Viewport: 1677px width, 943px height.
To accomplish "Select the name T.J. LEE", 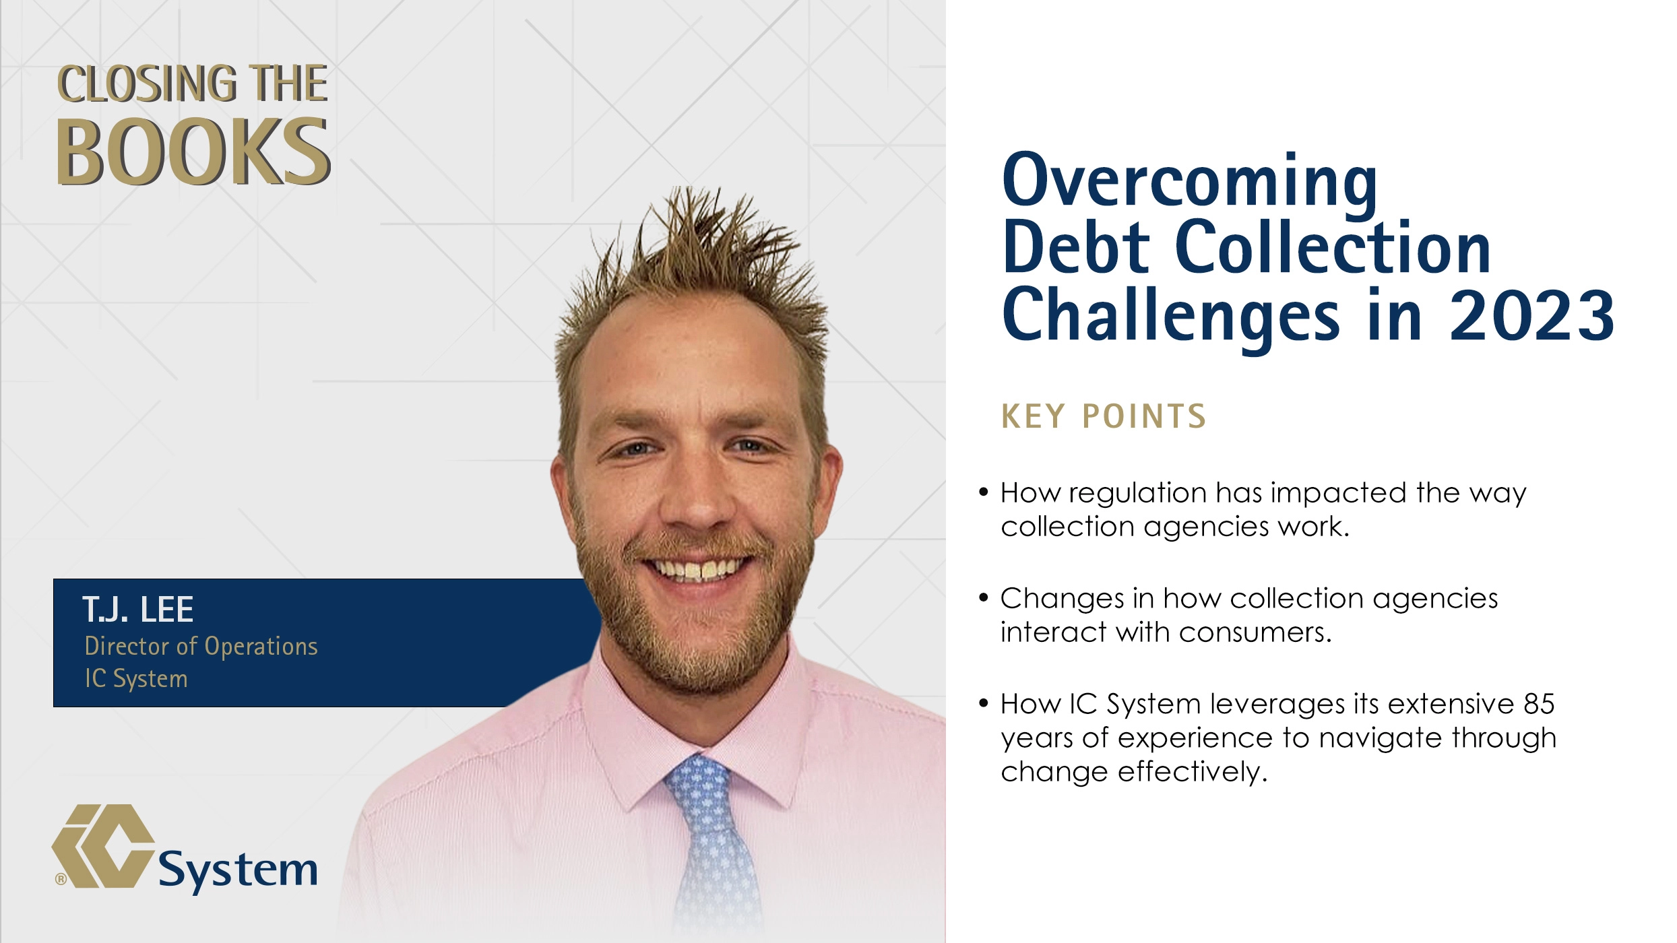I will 138,610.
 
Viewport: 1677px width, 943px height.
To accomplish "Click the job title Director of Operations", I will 201,646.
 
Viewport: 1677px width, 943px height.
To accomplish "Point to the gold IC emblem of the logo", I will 103,846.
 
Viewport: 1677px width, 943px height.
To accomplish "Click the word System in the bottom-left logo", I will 237,870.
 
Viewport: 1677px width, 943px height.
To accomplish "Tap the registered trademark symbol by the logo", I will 61,879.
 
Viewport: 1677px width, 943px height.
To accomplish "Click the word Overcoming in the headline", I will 1190,181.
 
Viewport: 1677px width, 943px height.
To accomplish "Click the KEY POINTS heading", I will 1104,416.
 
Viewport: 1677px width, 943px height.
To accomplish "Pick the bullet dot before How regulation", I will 984,492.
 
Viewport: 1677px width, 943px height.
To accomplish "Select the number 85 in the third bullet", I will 1539,704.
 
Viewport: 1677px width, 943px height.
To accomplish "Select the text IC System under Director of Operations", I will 136,678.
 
